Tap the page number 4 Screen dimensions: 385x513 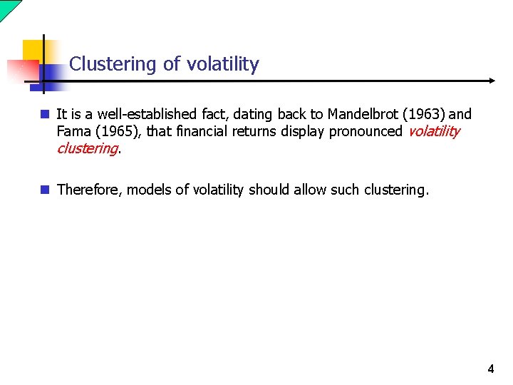490,369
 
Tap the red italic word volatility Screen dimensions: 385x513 433,131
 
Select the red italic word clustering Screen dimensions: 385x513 87,148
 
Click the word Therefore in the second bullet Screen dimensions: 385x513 89,190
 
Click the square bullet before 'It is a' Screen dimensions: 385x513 45,114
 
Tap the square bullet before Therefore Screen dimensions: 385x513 45,190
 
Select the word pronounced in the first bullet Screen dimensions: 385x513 366,131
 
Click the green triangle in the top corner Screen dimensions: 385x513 7,7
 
